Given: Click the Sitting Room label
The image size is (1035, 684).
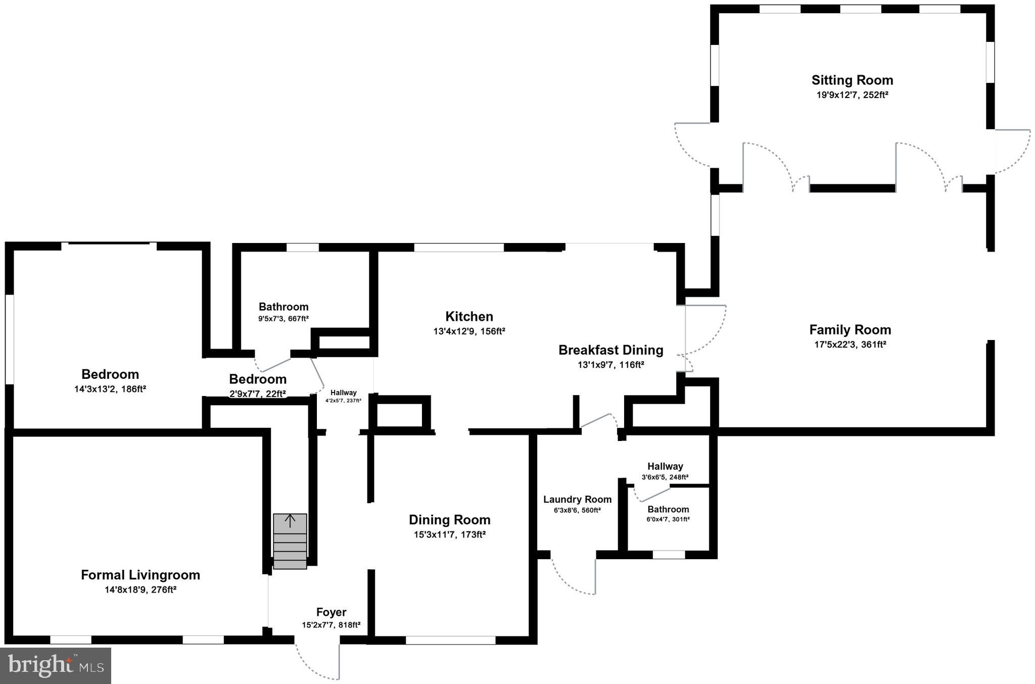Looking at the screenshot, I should click(x=852, y=80).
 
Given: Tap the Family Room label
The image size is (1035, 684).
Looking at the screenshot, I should click(x=850, y=330).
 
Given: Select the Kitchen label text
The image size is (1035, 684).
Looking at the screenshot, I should click(x=469, y=317).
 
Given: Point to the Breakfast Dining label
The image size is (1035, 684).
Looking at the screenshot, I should click(x=610, y=350).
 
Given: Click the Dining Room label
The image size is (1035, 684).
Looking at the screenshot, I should click(x=449, y=520).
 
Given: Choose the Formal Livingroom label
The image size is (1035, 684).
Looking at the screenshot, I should click(x=140, y=575).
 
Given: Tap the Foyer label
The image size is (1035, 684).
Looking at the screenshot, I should click(x=331, y=612).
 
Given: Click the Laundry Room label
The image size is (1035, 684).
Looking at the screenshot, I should click(x=577, y=500).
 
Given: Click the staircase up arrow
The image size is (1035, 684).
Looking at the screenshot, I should click(x=290, y=521).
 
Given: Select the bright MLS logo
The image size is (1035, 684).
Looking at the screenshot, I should click(x=56, y=665).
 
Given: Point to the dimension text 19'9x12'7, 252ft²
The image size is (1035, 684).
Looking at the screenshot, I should click(x=852, y=95).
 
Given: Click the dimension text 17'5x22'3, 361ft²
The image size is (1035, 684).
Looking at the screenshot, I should click(x=850, y=345).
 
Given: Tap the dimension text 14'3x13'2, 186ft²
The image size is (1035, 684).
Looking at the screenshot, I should click(x=110, y=389).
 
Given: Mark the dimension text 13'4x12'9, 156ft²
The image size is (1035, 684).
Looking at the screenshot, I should click(x=469, y=331).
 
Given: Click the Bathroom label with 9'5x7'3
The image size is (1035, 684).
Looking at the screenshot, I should click(x=284, y=307).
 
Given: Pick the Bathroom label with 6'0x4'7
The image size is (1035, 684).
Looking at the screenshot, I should click(x=668, y=509).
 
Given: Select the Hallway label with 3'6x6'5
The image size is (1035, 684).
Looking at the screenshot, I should click(x=665, y=466).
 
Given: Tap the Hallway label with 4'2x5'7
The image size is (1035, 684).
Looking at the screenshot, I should click(x=343, y=393).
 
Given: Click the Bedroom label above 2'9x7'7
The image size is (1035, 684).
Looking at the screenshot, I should click(x=258, y=379).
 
